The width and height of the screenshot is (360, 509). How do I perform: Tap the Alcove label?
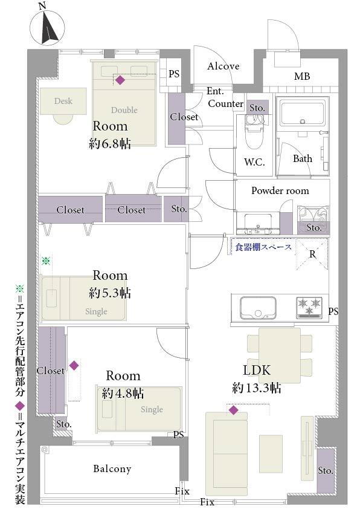coord(223,66)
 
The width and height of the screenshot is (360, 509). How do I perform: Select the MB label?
coord(302,76)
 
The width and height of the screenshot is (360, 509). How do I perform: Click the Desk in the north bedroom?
coord(63,101)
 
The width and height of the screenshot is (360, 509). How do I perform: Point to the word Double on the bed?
coord(124,110)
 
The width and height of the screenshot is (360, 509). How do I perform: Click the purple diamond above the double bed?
coord(120,80)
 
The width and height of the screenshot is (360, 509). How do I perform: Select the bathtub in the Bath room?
coord(303,114)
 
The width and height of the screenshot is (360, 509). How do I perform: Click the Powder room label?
coord(280,190)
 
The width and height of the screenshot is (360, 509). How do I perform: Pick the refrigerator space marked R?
coord(312,254)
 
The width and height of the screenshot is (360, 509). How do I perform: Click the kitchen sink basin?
coord(258,308)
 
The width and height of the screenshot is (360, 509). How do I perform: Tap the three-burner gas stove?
coord(309,308)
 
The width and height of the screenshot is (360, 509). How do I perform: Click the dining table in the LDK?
coord(280,355)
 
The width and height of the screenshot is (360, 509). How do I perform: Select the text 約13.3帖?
coord(257,388)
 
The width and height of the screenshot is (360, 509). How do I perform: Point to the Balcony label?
coord(112,468)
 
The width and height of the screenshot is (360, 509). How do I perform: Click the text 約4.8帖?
coord(123,394)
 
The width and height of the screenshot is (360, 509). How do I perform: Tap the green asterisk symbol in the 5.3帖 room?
coord(46,261)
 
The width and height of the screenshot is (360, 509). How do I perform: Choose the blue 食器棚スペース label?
coord(263,247)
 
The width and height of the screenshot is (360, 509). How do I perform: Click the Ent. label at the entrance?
coord(216,91)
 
